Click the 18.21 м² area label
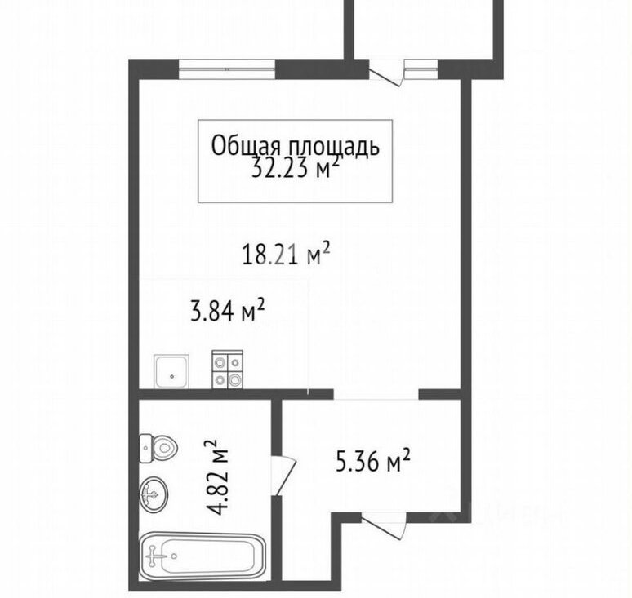point(286,254)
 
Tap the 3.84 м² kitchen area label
point(227,310)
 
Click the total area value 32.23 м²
point(294,167)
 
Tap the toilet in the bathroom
point(158,448)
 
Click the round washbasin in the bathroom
point(154,494)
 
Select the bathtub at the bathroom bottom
point(202,556)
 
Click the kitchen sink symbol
point(171,371)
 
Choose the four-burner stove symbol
point(227,370)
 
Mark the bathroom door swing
point(284,476)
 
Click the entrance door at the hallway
point(383,524)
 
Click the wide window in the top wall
point(227,69)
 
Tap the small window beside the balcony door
point(421,69)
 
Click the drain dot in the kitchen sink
point(172,377)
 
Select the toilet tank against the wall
point(145,448)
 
